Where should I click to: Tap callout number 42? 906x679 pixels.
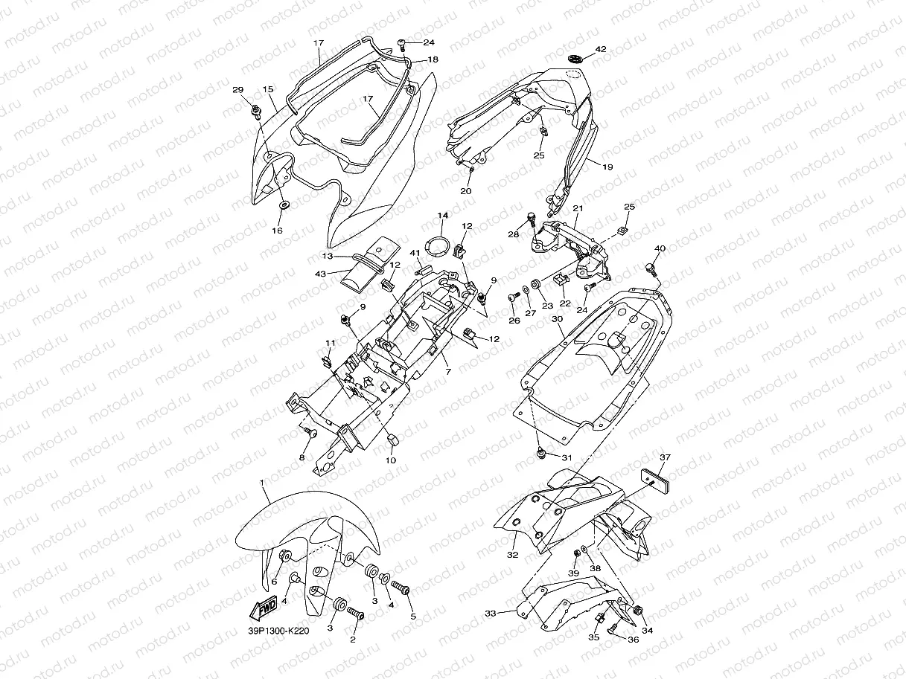click(x=601, y=50)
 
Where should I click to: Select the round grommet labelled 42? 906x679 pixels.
click(x=576, y=58)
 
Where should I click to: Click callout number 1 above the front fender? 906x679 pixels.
click(x=262, y=483)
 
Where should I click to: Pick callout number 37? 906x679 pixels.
click(x=665, y=457)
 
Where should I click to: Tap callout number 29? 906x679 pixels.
click(x=238, y=90)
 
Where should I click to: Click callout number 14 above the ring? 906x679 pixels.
click(x=442, y=215)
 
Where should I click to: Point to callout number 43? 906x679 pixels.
click(x=321, y=274)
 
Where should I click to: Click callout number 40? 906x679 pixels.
click(x=660, y=248)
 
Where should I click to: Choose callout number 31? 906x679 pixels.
click(x=567, y=457)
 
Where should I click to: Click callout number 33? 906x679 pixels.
click(x=490, y=614)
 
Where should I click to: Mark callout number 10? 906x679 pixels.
click(x=391, y=460)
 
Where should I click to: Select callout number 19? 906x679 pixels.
click(x=607, y=167)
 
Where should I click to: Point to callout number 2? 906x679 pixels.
click(x=353, y=639)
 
